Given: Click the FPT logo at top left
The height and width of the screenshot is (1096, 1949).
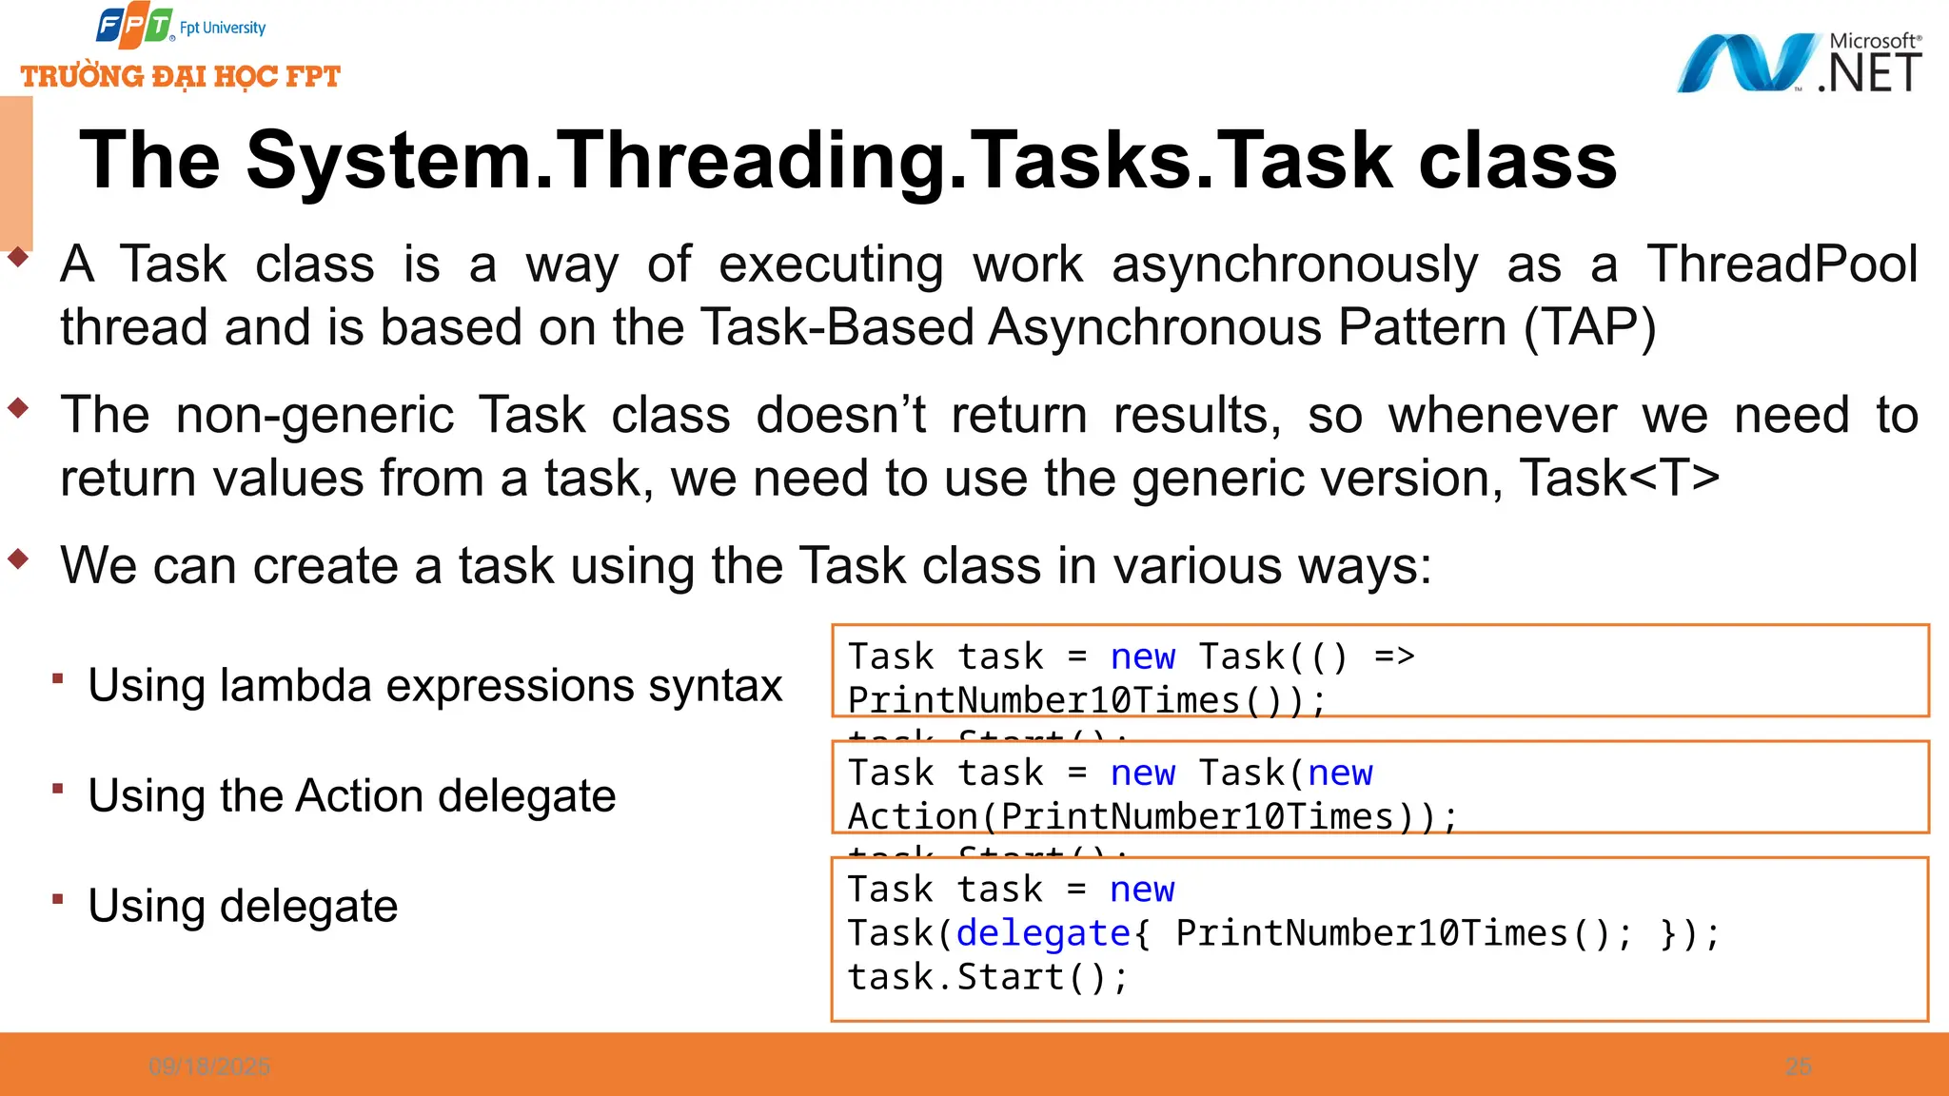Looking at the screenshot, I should [x=135, y=27].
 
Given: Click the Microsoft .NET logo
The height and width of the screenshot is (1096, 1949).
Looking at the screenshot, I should [x=1799, y=63].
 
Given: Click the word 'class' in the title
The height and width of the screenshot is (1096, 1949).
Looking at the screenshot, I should [x=1517, y=160].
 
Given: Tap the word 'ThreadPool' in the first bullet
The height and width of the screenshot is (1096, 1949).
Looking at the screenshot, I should [x=1782, y=264].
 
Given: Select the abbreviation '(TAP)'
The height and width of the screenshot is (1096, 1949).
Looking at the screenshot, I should [x=1589, y=327].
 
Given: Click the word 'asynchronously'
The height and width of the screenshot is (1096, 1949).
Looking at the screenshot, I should [x=1294, y=264].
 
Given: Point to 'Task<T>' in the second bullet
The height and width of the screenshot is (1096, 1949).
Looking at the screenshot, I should [x=1619, y=478].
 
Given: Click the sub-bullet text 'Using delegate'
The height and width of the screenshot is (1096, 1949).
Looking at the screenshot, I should [x=243, y=906].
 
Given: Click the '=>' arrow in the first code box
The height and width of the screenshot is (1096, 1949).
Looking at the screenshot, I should [x=1394, y=656].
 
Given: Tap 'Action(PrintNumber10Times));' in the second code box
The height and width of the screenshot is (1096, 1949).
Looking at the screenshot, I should [x=1152, y=816].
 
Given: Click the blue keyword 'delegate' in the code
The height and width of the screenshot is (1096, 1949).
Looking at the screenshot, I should [x=1043, y=933].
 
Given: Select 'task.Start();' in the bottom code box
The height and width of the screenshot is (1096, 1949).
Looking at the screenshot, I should [x=988, y=977].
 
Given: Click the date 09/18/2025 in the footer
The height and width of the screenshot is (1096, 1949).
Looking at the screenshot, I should [x=209, y=1067].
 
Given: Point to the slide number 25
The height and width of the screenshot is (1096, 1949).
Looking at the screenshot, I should [x=1798, y=1067].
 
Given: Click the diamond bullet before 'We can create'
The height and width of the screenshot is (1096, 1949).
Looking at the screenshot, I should [x=18, y=559].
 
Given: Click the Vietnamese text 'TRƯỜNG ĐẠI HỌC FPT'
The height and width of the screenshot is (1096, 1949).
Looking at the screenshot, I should [x=181, y=76].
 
